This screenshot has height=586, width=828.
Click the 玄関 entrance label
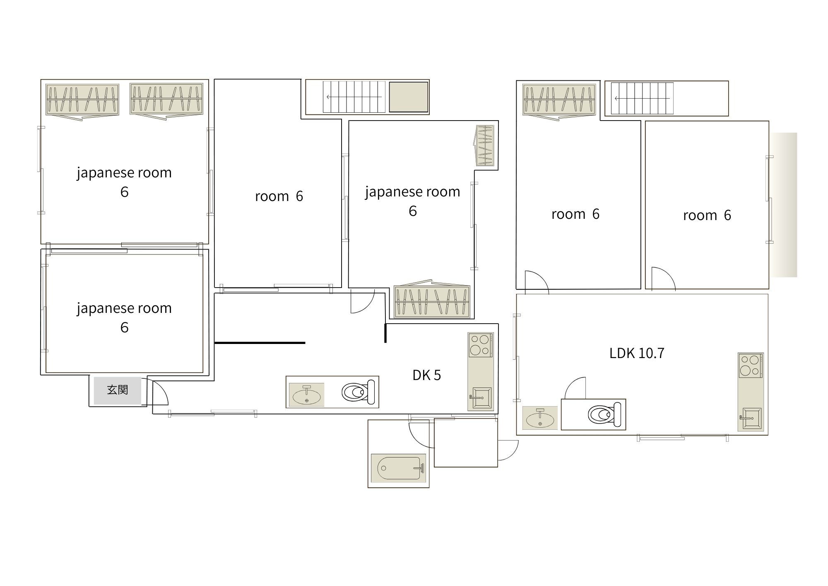click(x=118, y=390)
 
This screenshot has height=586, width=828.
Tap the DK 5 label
click(x=426, y=375)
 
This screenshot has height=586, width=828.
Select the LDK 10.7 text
click(x=637, y=353)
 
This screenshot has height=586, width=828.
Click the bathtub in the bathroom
click(x=398, y=468)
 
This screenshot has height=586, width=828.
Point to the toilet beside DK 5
click(x=358, y=392)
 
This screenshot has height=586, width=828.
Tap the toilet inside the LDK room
click(x=604, y=414)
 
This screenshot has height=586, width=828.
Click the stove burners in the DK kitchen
click(x=481, y=345)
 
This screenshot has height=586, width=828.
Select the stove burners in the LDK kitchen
click(x=751, y=366)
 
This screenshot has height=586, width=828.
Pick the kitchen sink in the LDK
click(x=751, y=419)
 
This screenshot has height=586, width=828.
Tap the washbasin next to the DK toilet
click(x=306, y=395)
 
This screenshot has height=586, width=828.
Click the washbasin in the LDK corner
click(x=540, y=418)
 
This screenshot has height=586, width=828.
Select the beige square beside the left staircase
click(x=408, y=97)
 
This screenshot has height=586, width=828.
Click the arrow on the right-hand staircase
click(x=642, y=98)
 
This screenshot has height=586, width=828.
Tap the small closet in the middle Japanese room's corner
click(x=484, y=146)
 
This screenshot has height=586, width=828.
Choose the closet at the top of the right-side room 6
click(x=559, y=100)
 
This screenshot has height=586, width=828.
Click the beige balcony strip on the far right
click(x=783, y=205)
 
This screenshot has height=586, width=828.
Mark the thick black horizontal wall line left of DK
click(x=260, y=343)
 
